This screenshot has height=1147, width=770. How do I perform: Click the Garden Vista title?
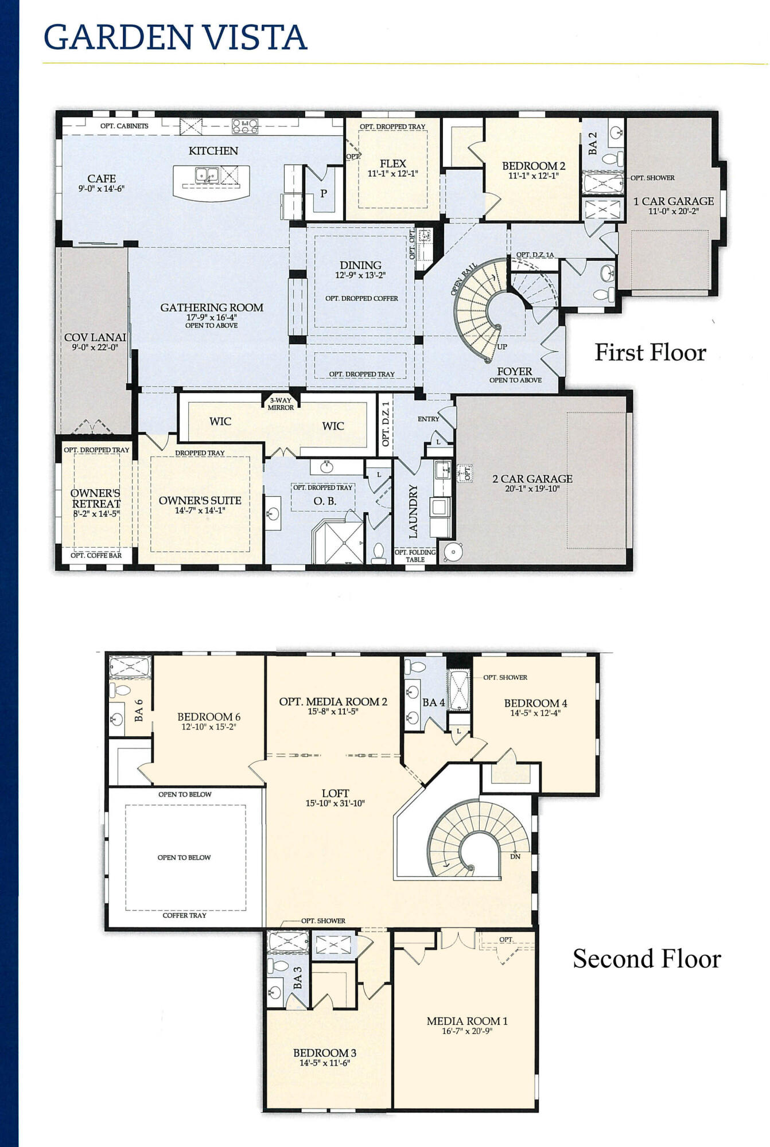pos(176,37)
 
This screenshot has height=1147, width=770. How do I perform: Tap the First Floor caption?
pos(650,352)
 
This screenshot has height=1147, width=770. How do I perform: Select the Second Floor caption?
pos(647,958)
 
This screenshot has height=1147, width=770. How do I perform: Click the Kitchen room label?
pos(213,151)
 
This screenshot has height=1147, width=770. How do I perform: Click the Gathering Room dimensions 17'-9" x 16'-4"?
pos(212,317)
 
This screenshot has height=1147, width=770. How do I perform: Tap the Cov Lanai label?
pos(95,337)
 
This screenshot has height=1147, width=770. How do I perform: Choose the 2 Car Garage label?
pos(532,479)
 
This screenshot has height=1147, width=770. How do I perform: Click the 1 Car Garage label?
pos(674,201)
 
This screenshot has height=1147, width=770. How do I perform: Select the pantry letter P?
pos(324,194)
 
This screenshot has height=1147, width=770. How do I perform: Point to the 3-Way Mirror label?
pos(281,404)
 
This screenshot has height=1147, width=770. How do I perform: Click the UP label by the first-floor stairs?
pos(502,346)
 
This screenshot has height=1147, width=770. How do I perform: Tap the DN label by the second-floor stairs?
pos(515,856)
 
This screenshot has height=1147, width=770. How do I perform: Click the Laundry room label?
pos(413,511)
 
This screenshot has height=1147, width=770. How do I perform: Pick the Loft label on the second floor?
pos(336,794)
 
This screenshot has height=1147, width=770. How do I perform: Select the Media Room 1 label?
pos(467,1021)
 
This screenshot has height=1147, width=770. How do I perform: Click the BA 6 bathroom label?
pos(138,709)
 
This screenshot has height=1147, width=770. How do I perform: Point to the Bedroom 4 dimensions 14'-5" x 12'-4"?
pos(535,713)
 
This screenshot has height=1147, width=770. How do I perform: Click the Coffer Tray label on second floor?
pos(184,915)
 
